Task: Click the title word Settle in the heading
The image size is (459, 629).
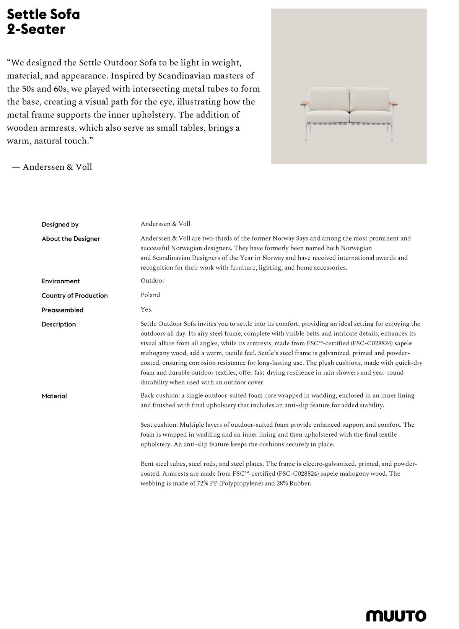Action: [x=24, y=15]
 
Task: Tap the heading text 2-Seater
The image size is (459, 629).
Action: [x=36, y=29]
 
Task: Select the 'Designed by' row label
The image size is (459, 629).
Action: [x=60, y=224]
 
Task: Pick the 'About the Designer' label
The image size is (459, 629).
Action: [x=71, y=239]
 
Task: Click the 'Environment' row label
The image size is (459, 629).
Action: [x=61, y=281]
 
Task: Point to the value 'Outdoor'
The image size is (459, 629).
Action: [x=152, y=281]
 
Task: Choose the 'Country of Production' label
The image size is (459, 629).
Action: [x=75, y=296]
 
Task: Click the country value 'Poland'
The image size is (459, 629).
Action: [x=150, y=295]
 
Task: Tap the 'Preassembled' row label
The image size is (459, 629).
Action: [x=62, y=310]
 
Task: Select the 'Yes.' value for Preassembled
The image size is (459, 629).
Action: [x=146, y=309]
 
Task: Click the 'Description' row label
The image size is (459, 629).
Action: [x=59, y=325]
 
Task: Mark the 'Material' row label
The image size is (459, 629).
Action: [x=54, y=396]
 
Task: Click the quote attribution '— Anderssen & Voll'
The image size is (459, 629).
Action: [x=52, y=167]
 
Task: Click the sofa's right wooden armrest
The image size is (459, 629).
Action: [x=394, y=103]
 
